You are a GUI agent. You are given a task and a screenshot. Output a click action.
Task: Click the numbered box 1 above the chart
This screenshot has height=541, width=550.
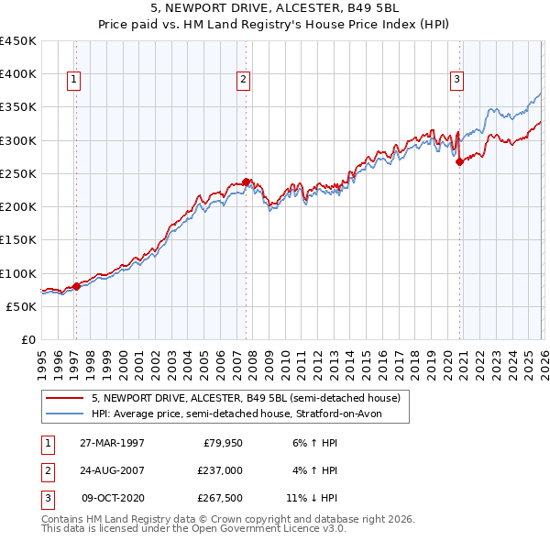pos(74,81)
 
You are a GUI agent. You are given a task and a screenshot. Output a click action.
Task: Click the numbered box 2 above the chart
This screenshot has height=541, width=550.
pos(244,81)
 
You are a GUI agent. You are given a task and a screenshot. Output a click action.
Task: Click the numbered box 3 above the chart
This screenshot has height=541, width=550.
pos(456,81)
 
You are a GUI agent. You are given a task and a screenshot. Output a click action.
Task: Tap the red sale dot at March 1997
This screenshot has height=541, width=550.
pos(76,286)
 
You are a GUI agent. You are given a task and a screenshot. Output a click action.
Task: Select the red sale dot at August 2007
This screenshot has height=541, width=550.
pos(246,182)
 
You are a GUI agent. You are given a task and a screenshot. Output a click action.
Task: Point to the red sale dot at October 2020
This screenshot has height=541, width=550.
pos(459,161)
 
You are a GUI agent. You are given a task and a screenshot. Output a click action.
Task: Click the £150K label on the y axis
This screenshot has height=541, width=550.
pos(18,240)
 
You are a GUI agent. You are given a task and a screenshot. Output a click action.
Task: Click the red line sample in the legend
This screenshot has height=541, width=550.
pos(64,399)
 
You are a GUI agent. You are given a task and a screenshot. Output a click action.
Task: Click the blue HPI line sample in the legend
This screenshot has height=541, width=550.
pos(64,414)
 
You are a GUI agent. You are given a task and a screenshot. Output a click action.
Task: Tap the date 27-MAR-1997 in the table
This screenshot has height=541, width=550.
pos(112,443)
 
